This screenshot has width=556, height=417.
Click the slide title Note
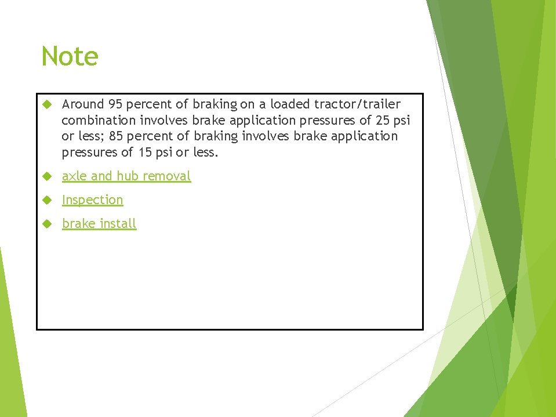70,57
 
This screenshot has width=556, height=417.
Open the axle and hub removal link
126,176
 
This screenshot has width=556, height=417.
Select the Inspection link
93,200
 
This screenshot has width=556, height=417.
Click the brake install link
99,223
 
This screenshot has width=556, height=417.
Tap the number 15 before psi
145,153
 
